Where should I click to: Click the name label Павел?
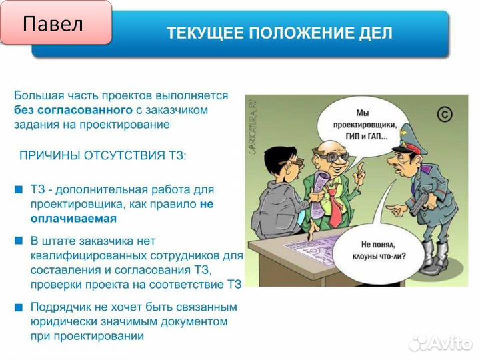(53, 25)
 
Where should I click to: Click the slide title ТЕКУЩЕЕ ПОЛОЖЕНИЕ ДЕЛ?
(279, 33)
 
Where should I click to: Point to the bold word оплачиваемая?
(73, 218)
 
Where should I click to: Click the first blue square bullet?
(18, 189)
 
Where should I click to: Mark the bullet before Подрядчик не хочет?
(18, 307)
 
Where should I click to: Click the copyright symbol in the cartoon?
(445, 114)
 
